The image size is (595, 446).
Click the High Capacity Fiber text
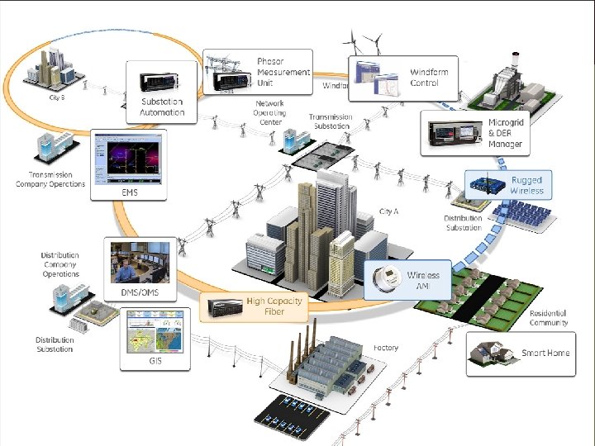click(276, 306)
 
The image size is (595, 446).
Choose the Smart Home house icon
click(489, 353)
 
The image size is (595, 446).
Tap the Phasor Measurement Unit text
click(283, 72)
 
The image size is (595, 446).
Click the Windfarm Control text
click(429, 78)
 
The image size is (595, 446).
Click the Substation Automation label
click(162, 106)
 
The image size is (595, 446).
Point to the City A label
click(388, 212)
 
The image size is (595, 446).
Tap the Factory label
click(385, 348)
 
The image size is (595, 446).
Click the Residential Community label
click(549, 318)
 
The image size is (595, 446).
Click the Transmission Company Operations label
click(50, 179)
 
